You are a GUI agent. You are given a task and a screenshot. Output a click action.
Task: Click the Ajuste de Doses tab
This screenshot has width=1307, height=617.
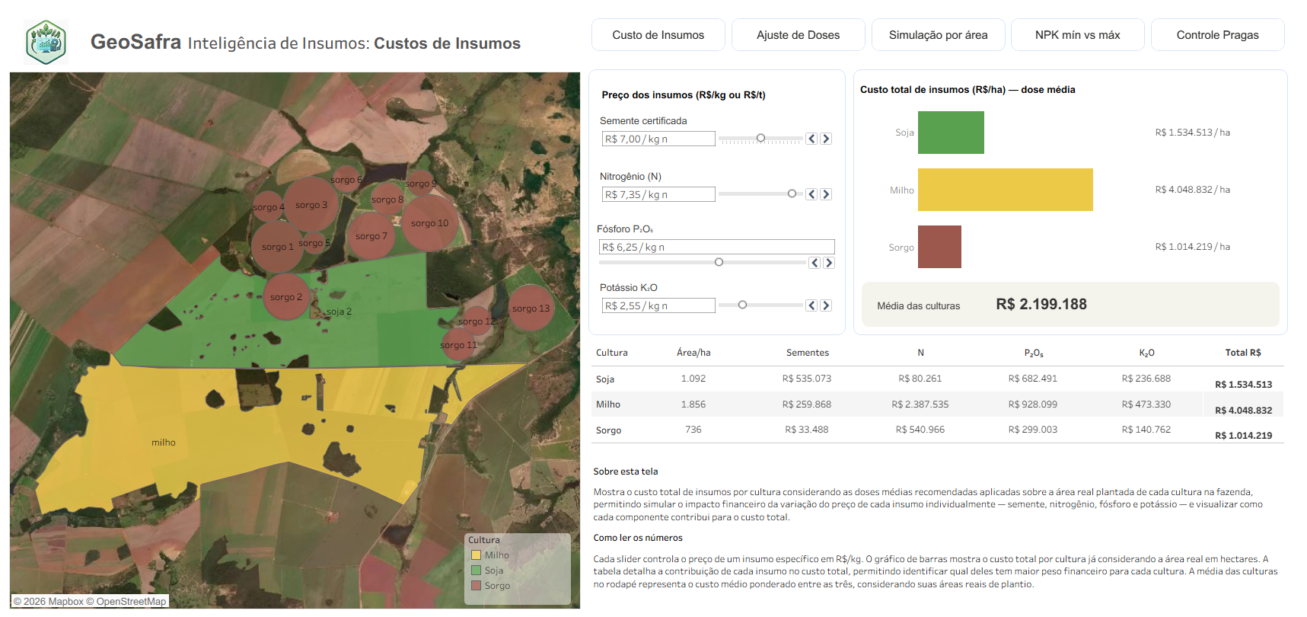(798, 35)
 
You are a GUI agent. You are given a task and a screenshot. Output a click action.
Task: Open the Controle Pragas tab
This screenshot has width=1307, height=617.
(1217, 35)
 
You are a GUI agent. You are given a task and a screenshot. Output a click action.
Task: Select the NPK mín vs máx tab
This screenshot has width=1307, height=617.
(1077, 35)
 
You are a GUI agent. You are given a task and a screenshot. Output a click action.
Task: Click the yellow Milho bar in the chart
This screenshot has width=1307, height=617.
(1005, 190)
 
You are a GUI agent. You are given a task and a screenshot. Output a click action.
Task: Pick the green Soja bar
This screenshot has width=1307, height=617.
(951, 133)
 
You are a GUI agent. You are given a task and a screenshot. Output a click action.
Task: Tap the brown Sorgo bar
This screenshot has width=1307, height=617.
(939, 247)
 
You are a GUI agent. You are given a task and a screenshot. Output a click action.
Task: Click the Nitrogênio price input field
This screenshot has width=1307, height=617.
(658, 194)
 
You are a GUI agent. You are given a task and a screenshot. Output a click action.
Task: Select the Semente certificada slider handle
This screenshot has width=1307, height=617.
(760, 138)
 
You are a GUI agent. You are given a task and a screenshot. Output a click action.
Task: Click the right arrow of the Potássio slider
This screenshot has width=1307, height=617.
(826, 305)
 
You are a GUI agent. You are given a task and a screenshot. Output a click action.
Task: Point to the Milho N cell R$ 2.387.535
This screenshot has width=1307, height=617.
(920, 404)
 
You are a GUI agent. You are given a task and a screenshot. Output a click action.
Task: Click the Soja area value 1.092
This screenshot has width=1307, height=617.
(693, 379)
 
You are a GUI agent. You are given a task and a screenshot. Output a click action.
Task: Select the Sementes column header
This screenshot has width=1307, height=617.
(808, 353)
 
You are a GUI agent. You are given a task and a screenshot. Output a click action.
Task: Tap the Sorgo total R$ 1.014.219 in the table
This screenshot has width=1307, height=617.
(1244, 436)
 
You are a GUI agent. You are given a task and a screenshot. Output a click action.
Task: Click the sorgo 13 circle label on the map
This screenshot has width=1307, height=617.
(531, 308)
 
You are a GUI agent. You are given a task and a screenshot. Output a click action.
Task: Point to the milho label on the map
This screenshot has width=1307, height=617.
(164, 443)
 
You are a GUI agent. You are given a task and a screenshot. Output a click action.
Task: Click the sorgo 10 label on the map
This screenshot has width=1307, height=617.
(429, 223)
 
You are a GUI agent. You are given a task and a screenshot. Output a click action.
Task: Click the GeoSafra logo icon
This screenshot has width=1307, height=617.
(46, 42)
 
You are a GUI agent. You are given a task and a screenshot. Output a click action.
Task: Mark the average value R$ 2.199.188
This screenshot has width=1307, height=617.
(1041, 304)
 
